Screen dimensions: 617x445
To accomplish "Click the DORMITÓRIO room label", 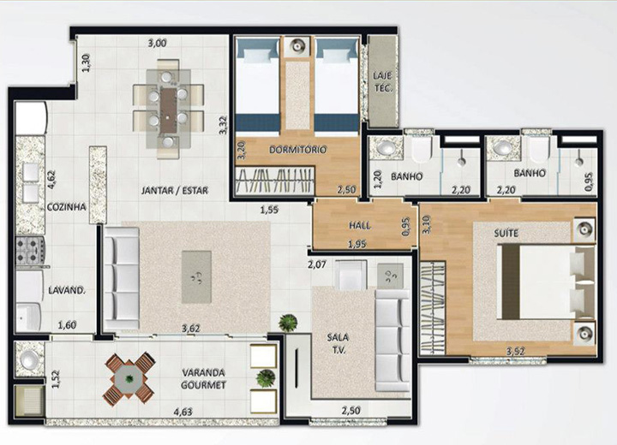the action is pos(298,150).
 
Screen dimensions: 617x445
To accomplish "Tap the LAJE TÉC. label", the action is pos(383,82).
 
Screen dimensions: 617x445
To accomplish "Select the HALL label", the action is pos(360,226).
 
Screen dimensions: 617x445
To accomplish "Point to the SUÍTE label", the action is pos(506,234).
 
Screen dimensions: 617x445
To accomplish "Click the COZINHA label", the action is pos(67,207).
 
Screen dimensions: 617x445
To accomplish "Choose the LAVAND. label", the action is pos(67,291).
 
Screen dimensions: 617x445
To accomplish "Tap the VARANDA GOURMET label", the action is pos(203,379).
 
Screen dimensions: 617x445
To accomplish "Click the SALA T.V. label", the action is pos(338,343).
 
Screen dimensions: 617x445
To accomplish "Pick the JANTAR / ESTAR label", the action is pos(175,191).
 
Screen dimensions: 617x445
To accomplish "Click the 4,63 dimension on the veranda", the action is pos(183,412).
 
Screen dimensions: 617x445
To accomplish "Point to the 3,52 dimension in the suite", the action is pos(516,352).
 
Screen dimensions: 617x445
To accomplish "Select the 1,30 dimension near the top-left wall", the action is pos(87,62).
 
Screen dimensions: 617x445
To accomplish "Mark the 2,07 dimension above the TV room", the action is pos(317,264).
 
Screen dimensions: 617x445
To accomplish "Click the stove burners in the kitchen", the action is pos(30,251).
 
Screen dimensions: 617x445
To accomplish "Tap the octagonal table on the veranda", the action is pos(129,379).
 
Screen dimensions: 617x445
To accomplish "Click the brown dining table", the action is pos(169,110).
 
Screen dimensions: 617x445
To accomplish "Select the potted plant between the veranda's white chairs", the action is pos(266,378).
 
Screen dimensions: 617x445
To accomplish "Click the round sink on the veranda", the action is pos(30,359).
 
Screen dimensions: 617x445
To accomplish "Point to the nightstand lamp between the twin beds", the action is pos(298,47).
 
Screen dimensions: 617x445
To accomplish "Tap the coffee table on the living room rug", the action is pos(196,277).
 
